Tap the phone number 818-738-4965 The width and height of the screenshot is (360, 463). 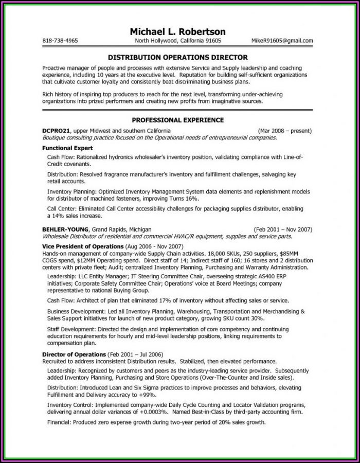coord(61,41)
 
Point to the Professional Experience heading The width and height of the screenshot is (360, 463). coord(177,120)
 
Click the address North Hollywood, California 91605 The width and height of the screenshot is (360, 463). coord(178,41)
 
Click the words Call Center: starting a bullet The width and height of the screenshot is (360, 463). coord(63,209)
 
